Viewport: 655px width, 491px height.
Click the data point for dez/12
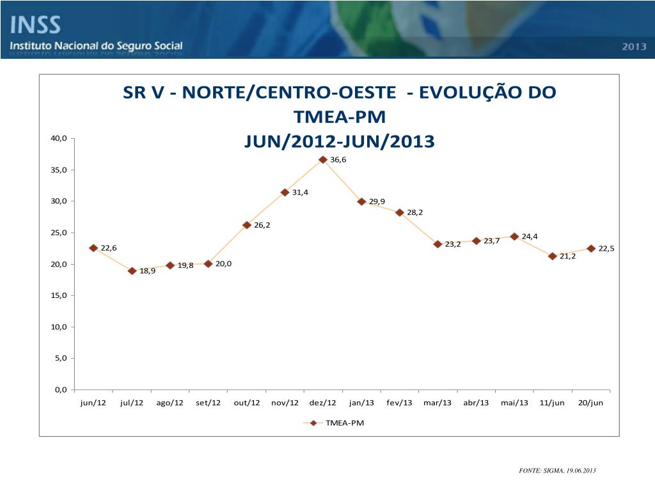(x=323, y=160)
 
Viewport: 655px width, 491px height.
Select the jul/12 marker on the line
(x=132, y=271)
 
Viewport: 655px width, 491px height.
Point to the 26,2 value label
(x=263, y=225)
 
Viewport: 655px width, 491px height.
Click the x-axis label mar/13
(x=438, y=403)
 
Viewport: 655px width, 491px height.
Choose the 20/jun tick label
(x=590, y=403)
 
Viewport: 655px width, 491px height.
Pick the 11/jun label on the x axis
(x=552, y=403)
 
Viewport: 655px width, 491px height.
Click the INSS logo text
(x=35, y=26)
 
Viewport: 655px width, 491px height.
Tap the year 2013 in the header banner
(x=633, y=47)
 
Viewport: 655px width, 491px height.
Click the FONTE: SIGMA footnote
(x=557, y=471)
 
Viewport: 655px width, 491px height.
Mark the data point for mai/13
(x=514, y=237)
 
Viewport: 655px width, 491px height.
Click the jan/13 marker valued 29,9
(x=361, y=201)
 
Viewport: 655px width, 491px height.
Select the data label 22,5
(x=606, y=249)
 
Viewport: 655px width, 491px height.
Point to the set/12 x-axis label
(x=208, y=403)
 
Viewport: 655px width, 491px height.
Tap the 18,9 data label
(x=148, y=271)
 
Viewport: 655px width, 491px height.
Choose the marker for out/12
(x=246, y=225)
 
